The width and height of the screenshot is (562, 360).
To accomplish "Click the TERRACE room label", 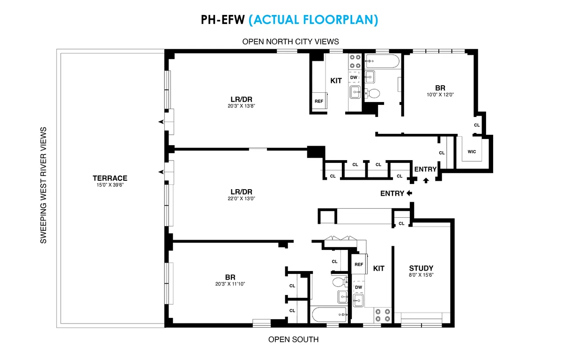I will click(110, 178).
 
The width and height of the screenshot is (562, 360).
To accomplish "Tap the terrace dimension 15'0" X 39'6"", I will click(110, 185).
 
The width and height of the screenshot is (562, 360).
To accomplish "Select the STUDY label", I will click(421, 268).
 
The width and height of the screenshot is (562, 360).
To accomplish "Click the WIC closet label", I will click(472, 152).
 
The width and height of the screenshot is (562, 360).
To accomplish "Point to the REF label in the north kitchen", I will click(318, 101).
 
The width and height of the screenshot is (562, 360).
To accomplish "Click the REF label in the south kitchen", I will click(359, 264).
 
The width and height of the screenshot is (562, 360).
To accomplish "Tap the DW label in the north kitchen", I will click(355, 77).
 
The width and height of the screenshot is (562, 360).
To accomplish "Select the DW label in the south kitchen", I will click(358, 287).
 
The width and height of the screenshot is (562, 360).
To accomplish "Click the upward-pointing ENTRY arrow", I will click(425, 180).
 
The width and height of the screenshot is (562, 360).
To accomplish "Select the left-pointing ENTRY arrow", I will click(409, 193).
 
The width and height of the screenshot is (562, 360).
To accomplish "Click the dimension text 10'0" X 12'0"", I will click(440, 95).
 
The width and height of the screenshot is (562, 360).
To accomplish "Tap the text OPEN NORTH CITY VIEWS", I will click(290, 42).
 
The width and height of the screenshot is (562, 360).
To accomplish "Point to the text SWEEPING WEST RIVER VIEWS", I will click(43, 185).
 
